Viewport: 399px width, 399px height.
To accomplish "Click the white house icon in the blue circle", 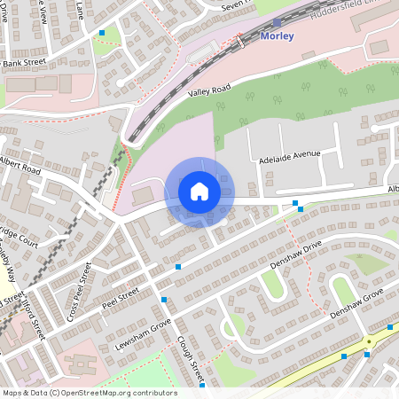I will click(x=199, y=191).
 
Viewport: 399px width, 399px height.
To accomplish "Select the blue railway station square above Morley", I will click(x=278, y=23).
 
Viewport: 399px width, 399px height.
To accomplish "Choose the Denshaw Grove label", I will click(x=356, y=303).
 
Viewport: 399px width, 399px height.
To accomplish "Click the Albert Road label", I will click(x=20, y=166).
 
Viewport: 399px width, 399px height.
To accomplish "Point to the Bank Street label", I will click(x=24, y=62).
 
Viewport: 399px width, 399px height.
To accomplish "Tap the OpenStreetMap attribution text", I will click(x=89, y=393).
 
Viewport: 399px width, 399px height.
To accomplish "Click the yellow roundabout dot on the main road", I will click(x=369, y=340).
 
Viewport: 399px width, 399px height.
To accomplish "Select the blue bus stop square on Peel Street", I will click(x=178, y=266).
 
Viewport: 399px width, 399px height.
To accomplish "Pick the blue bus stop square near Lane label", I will click(x=102, y=33).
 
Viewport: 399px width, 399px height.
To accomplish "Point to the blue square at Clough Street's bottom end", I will click(x=202, y=385).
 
